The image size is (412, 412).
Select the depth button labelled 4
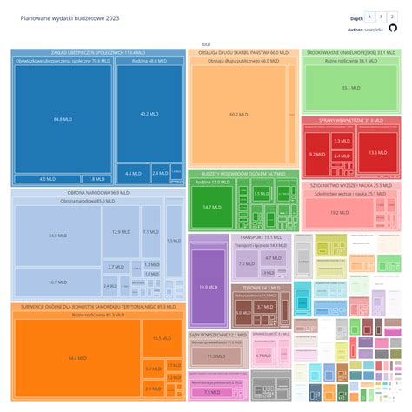tap(371, 17)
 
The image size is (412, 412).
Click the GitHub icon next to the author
tap(393, 29)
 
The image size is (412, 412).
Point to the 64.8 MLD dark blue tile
tap(62, 119)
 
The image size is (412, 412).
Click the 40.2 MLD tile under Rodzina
tap(148, 114)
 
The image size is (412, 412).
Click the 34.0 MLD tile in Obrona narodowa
tap(57, 236)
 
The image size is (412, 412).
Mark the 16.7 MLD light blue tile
tap(57, 282)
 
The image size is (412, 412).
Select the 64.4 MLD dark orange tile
tap(76, 357)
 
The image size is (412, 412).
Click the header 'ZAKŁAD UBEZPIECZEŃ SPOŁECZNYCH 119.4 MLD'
tap(97, 52)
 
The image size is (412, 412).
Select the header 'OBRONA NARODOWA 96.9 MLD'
tap(97, 193)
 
